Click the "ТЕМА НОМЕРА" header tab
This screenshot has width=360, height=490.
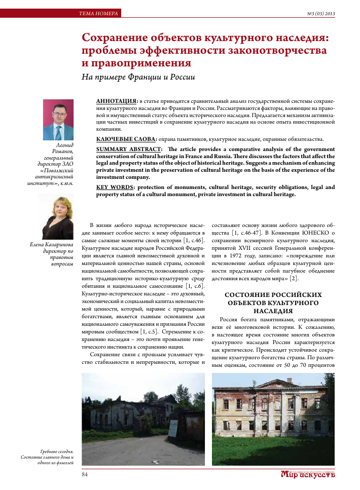[x=98, y=13]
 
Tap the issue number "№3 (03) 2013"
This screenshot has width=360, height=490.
[x=320, y=13]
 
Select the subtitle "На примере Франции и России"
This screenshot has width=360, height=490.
[x=138, y=78]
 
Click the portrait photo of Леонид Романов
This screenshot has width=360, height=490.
[x=58, y=120]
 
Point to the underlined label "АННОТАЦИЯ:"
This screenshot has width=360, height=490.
[x=116, y=101]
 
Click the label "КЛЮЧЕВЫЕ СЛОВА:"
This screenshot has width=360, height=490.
[x=126, y=139]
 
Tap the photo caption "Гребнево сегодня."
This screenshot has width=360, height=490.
[x=57, y=451]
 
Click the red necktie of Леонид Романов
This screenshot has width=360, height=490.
[x=58, y=132]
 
